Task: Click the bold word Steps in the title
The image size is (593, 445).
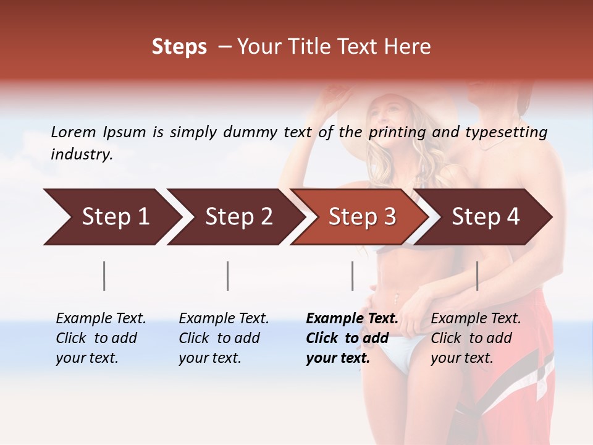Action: tap(179, 47)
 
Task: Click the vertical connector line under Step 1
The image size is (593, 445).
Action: tap(104, 276)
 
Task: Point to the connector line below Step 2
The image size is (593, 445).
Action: tap(228, 276)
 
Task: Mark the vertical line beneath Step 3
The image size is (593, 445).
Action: tap(352, 276)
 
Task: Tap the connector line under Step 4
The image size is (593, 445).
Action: tap(477, 276)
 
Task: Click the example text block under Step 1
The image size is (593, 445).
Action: tap(100, 338)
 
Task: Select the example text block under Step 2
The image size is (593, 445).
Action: tap(223, 338)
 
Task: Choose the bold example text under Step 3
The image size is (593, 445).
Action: tap(351, 338)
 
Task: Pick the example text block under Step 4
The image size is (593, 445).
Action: tap(475, 338)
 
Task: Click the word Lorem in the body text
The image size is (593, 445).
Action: tap(74, 132)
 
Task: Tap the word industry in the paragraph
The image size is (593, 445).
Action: tap(82, 155)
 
